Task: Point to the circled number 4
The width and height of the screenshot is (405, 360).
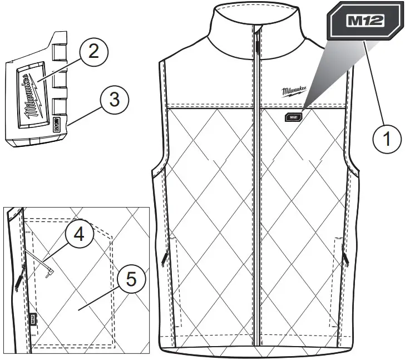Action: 81,236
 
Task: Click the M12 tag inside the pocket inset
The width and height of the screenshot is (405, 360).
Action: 33,319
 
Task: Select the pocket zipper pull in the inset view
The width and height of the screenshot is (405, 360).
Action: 18,281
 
